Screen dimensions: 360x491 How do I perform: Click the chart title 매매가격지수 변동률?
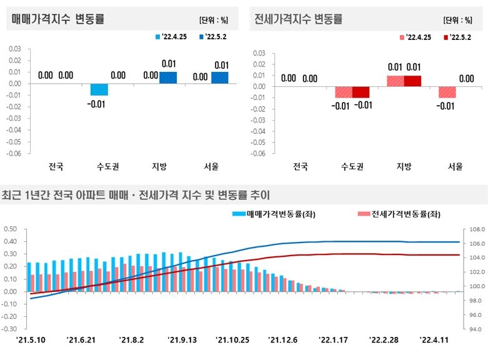[57, 19]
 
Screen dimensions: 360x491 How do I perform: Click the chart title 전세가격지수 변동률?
[299, 19]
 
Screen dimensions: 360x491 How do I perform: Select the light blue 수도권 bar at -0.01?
[99, 89]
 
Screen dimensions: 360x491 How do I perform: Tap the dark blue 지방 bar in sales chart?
[169, 77]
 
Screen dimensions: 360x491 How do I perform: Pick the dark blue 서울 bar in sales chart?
[221, 77]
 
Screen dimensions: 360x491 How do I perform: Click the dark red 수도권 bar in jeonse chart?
[361, 92]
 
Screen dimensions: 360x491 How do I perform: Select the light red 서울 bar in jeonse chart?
[447, 92]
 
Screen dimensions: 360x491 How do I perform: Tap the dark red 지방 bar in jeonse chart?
[413, 81]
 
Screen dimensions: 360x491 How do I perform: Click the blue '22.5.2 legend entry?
[212, 37]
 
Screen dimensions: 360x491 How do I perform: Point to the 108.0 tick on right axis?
[474, 229]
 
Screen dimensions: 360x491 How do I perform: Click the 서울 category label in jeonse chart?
[455, 167]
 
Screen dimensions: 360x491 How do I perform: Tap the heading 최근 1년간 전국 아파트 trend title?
[136, 194]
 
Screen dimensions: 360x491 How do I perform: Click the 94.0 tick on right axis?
[474, 329]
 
